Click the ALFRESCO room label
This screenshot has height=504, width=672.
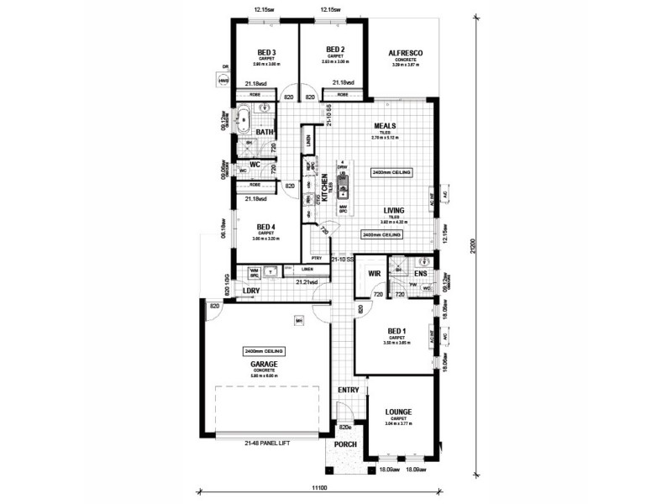coord(405,53)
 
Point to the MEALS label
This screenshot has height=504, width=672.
coord(385,127)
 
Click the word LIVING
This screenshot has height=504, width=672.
coord(394,210)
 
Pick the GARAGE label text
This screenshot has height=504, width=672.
coord(265,364)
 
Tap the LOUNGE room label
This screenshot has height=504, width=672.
coord(398,412)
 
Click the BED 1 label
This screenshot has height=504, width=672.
coord(394,331)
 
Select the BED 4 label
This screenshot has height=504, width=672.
coord(266,228)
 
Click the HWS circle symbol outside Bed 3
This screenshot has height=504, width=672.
coord(223,81)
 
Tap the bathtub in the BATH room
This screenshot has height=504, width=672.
coord(243,119)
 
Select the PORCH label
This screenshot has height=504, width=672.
coord(346,444)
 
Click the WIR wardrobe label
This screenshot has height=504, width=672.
coord(375,274)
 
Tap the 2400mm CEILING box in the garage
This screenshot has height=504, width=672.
coord(265,350)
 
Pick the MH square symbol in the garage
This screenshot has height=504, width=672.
coord(298,320)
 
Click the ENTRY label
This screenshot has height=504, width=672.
coord(349,391)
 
